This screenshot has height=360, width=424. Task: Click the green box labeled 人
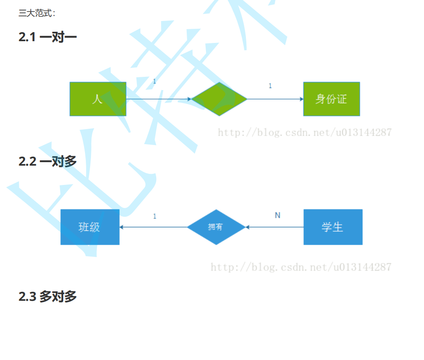98,99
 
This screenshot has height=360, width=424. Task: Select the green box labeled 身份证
331,99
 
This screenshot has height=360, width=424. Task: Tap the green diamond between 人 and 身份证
219,99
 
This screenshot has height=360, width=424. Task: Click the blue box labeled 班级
90,227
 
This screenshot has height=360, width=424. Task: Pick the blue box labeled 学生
333,227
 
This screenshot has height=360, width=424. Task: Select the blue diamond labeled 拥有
216,227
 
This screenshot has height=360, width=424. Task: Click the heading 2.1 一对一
48,37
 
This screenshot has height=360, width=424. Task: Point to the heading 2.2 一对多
48,161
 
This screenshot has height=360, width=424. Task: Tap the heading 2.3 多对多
48,296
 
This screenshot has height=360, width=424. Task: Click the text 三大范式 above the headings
36,13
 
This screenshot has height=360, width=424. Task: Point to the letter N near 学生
278,215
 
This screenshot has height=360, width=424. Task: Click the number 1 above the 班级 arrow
155,216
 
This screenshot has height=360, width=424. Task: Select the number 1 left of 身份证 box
270,86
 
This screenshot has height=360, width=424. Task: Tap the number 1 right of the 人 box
154,81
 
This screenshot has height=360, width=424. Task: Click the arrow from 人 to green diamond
159,99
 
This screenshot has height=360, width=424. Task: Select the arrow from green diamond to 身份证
275,99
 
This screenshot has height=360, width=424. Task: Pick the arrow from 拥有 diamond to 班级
153,227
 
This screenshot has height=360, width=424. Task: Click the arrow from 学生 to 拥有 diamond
275,227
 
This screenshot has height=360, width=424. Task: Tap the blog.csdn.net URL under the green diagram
305,132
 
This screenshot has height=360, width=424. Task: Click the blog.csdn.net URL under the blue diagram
301,267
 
